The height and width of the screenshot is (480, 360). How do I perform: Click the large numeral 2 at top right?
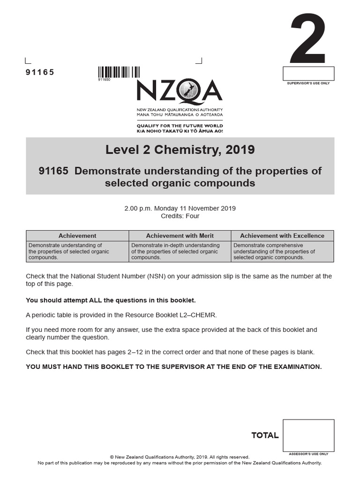[307, 39]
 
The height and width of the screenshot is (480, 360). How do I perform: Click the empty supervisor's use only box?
[308, 74]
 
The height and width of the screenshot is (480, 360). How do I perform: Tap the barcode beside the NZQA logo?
[119, 72]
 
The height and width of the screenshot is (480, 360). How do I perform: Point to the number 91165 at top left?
[40, 72]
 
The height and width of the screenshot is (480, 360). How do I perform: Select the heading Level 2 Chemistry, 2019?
[180, 150]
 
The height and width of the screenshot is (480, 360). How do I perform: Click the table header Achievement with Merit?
[180, 236]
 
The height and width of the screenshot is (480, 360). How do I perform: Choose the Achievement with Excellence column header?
[282, 236]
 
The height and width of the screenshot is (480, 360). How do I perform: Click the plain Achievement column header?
[77, 236]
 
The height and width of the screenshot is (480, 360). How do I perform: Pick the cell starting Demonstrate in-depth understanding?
[180, 251]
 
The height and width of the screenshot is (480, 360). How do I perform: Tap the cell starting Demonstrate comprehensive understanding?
[282, 251]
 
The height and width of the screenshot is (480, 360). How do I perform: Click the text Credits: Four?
[180, 216]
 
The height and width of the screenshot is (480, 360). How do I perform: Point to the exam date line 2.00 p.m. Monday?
[180, 208]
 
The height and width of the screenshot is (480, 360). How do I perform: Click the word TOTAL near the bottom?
[265, 435]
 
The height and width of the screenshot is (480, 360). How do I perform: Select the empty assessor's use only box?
[308, 435]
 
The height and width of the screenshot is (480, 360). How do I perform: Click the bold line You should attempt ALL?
[111, 300]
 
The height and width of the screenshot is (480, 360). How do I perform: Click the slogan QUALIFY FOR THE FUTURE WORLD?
[180, 126]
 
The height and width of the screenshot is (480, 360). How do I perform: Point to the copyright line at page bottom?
[180, 457]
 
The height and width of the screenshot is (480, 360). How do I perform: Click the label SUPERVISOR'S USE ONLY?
[308, 83]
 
